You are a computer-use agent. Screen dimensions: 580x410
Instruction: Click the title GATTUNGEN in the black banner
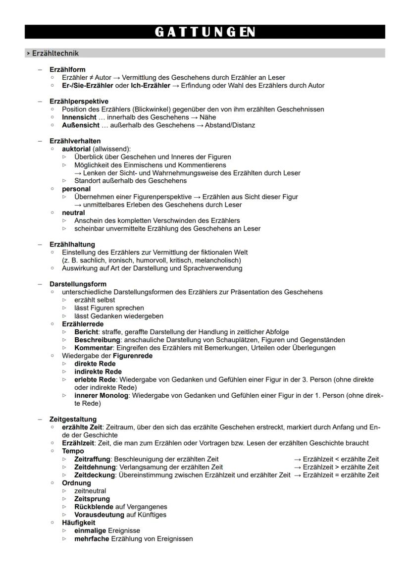coord(205,32)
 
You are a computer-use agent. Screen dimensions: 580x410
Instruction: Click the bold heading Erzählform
coord(67,70)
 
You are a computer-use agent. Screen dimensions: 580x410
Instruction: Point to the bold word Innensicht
coord(79,117)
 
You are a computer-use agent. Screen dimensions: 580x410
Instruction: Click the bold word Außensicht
coord(81,125)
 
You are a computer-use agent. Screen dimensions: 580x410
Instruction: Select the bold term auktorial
coord(76,149)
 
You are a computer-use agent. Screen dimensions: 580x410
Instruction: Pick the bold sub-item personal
coord(76,189)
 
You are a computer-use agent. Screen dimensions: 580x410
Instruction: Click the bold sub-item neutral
coord(73,212)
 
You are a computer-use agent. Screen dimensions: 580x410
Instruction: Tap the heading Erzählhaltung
coord(72,244)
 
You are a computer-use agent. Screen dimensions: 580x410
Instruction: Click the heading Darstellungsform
coord(78,284)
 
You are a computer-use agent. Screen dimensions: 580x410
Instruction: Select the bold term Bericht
coord(87,332)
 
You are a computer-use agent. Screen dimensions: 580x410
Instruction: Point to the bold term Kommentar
coord(93,348)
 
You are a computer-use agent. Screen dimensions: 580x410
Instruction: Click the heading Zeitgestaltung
coord(73,419)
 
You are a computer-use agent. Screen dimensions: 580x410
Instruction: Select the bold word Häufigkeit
coord(78,523)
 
